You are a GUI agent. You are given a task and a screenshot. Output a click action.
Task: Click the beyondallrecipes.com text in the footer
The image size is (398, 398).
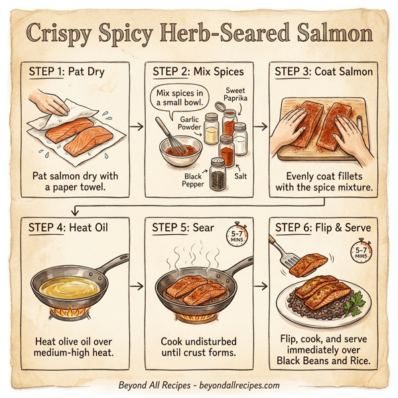pos(237,385)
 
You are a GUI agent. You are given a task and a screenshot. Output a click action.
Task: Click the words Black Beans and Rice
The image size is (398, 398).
pos(322,362)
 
